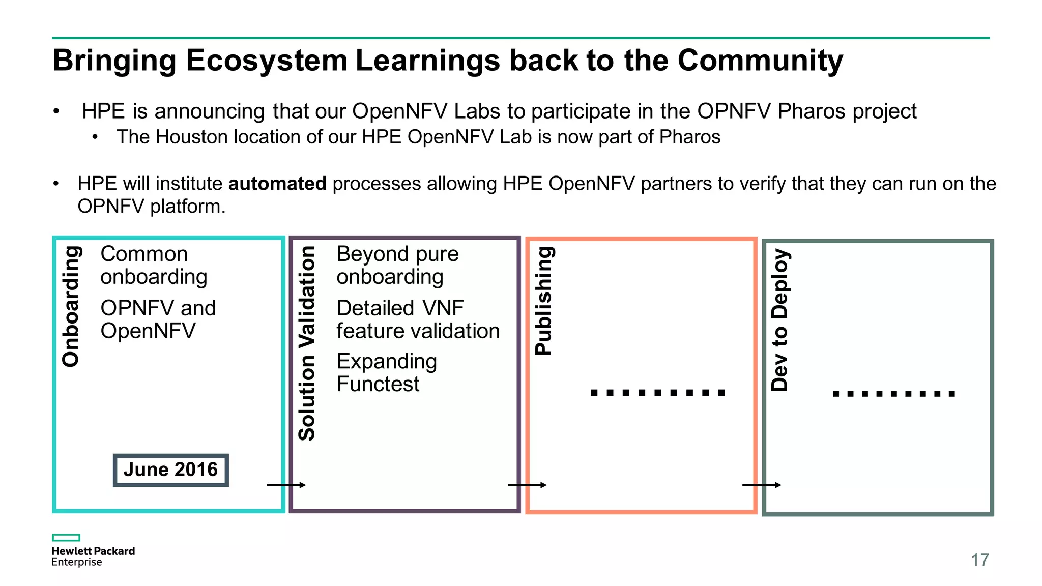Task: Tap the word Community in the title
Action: coord(760,61)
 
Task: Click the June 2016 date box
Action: coord(170,470)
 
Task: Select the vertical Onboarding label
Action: coord(71,306)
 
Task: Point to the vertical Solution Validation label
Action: coord(307,343)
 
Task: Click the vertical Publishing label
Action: coord(543,301)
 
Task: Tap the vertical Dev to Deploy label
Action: coord(779,319)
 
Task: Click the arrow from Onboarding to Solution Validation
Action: coord(286,485)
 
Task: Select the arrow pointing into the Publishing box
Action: coord(527,485)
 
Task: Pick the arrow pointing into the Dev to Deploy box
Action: coord(761,485)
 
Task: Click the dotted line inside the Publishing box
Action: coord(657,392)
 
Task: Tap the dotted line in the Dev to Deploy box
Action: coord(894,393)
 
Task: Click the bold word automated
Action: coord(277,184)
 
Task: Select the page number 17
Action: coord(979,560)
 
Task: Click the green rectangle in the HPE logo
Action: coord(66,538)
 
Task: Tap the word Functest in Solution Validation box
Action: coord(378,384)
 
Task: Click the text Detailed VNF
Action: coord(400,308)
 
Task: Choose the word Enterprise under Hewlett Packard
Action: coord(76,562)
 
